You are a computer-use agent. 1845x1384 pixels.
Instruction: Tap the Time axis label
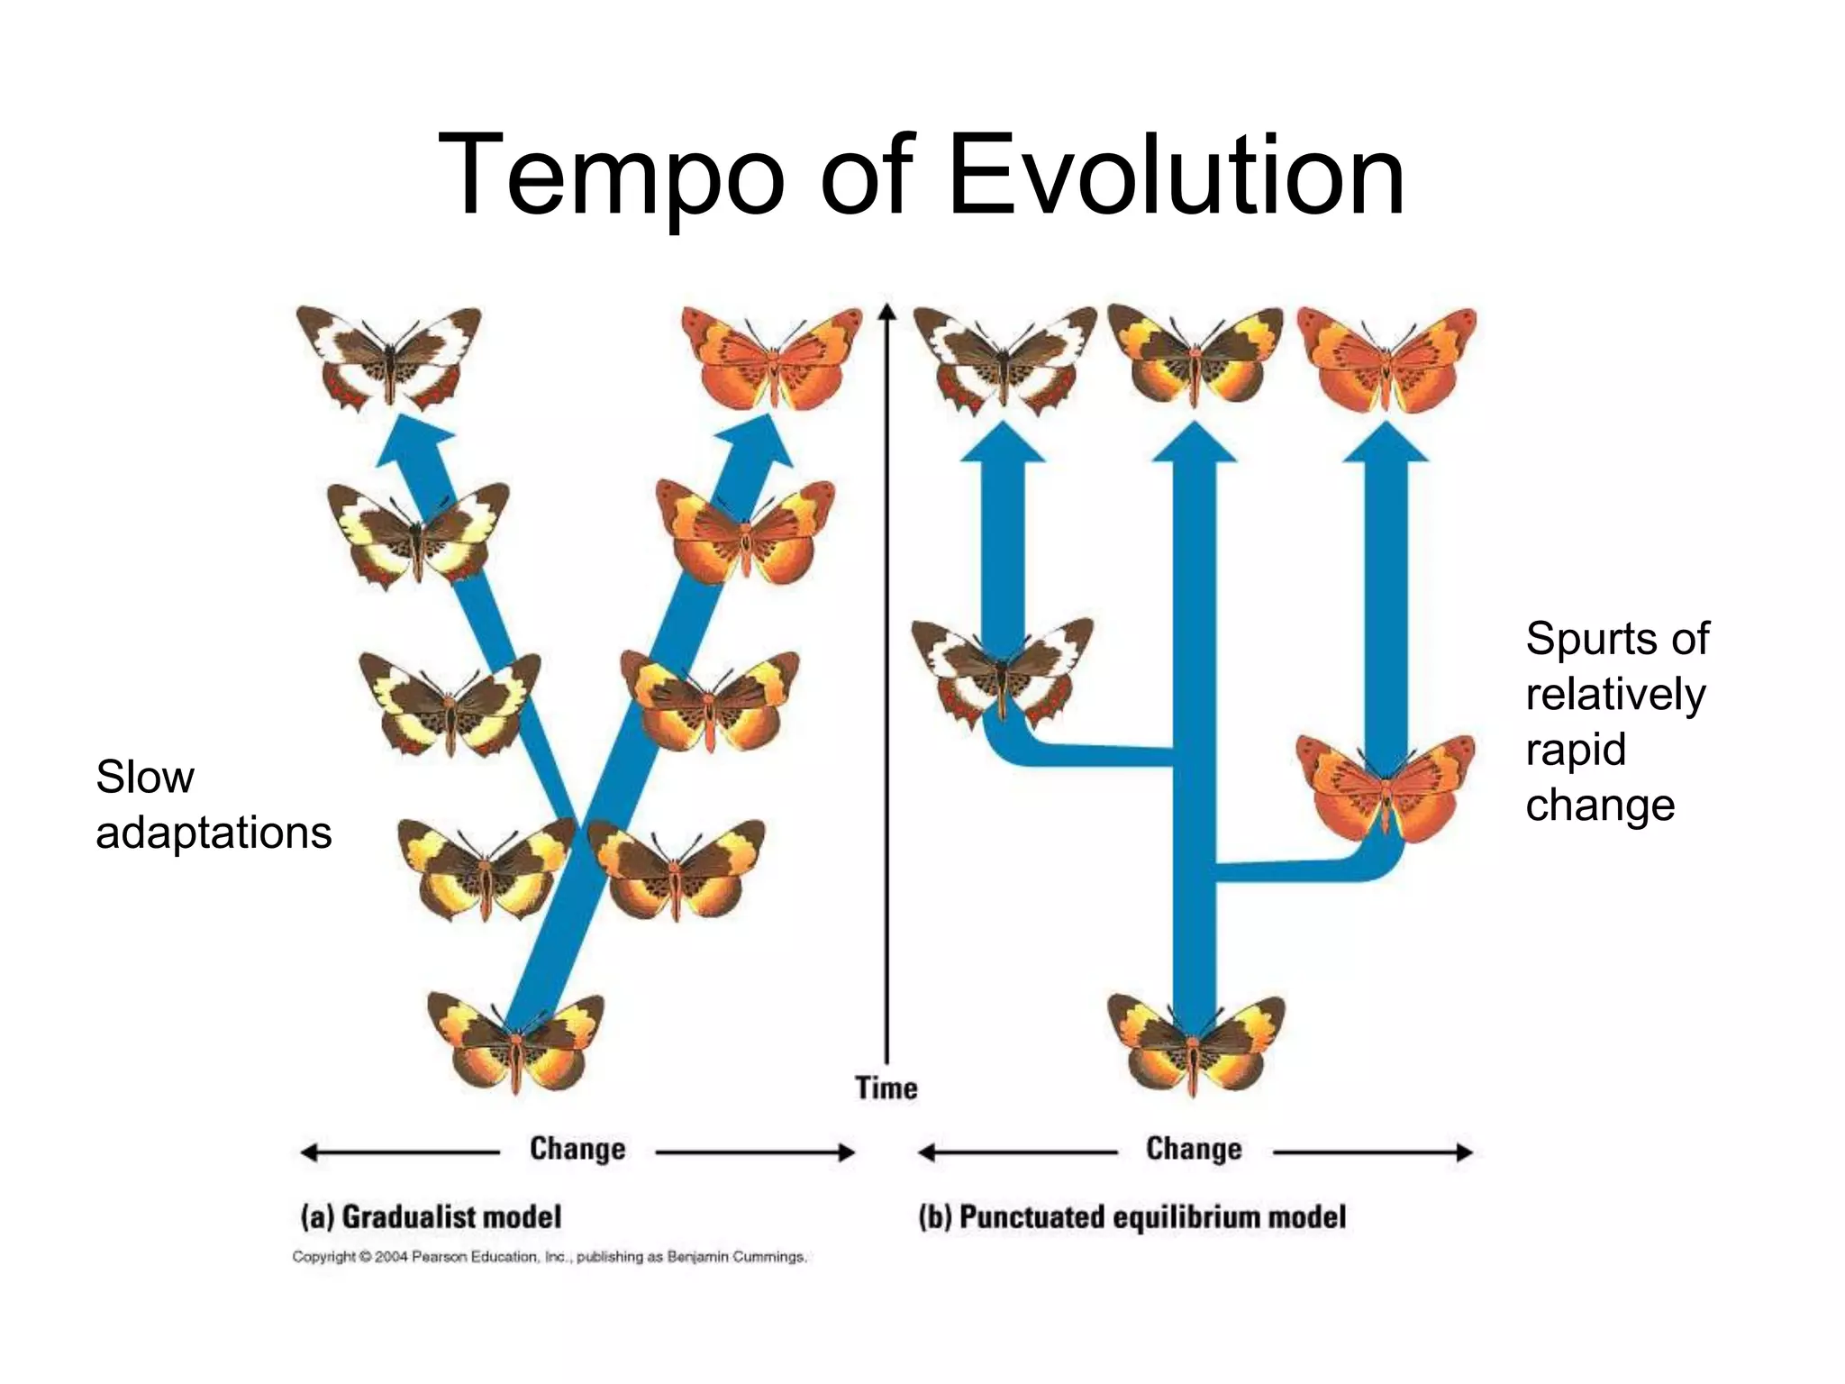point(886,1088)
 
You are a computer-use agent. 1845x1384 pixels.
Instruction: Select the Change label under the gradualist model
point(577,1149)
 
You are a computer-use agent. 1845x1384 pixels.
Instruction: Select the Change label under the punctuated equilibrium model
point(1194,1149)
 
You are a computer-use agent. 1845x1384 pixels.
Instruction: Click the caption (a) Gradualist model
point(431,1216)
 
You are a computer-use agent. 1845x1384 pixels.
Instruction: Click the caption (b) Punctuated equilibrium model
point(1132,1216)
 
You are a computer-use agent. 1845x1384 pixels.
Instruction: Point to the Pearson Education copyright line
point(550,1256)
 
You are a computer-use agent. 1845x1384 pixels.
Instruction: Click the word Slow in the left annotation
point(144,777)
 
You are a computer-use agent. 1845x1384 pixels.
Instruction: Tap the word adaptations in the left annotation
point(214,833)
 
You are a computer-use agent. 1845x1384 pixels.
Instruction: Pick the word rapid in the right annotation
point(1576,750)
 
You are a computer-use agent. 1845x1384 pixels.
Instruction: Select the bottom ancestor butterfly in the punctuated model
point(1195,1043)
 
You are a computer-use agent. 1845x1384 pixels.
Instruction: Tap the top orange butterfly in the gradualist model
point(772,357)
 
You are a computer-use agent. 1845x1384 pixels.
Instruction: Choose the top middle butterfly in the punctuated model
point(1195,355)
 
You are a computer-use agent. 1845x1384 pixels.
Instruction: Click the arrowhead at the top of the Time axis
point(887,311)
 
